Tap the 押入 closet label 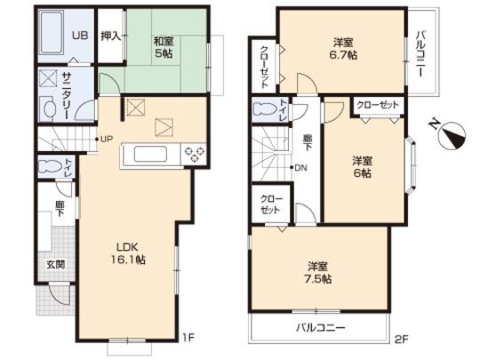click(110, 37)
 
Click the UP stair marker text click(107, 138)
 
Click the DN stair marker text click(302, 167)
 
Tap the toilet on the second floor click(265, 111)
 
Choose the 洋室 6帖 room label click(361, 166)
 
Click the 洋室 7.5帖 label click(319, 272)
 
